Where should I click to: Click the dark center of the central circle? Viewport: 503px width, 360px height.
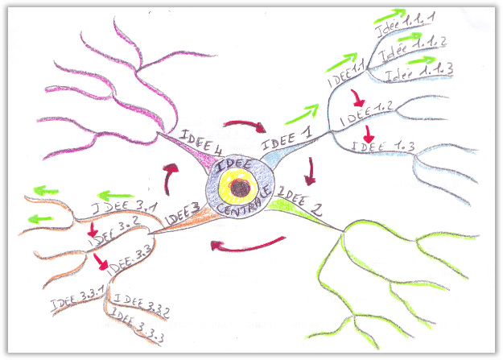tap(238, 189)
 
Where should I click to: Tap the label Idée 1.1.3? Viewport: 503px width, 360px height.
tap(418, 72)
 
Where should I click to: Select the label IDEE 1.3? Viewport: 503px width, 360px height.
tap(383, 147)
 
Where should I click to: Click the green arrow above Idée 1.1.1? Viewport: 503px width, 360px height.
tap(390, 14)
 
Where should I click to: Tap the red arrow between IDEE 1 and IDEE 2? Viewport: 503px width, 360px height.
tap(311, 170)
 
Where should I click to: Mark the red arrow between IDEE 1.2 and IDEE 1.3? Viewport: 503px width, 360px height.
tap(369, 131)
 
